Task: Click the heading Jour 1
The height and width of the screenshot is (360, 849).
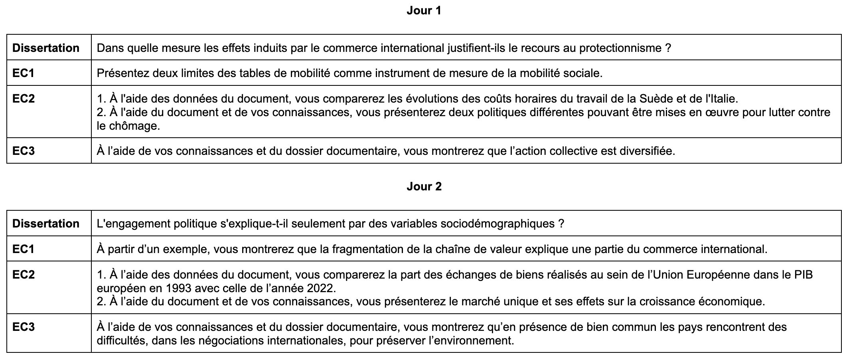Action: [424, 11]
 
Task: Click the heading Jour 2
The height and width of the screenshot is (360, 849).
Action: [424, 186]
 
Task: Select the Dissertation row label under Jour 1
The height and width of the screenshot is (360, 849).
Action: [46, 48]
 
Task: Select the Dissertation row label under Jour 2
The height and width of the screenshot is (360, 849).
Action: [46, 224]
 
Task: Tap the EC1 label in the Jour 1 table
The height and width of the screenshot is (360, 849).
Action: [24, 73]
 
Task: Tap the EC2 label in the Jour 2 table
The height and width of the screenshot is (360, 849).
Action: [24, 275]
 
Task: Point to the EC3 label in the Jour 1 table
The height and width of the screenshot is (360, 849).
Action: [24, 151]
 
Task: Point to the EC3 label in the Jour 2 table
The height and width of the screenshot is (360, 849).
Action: [24, 327]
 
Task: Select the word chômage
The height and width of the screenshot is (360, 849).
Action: [134, 126]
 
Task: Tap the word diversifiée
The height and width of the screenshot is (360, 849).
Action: [647, 151]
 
